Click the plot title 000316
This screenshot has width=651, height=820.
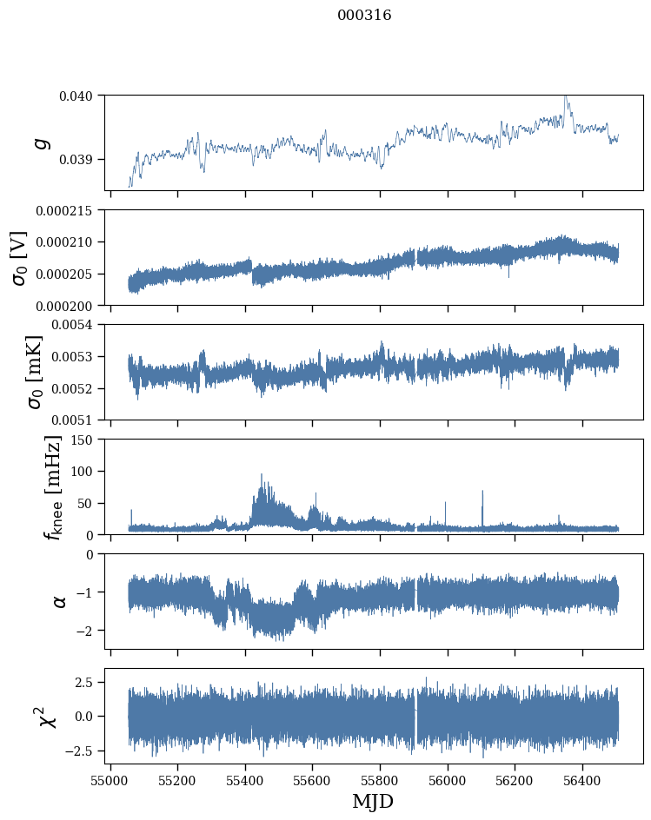point(364,16)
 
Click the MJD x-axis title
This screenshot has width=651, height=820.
point(373,801)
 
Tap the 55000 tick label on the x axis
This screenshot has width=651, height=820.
point(110,779)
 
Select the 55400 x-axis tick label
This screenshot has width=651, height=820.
point(245,779)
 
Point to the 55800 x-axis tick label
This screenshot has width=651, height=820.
point(381,779)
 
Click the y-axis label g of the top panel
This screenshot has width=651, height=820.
point(41,142)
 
